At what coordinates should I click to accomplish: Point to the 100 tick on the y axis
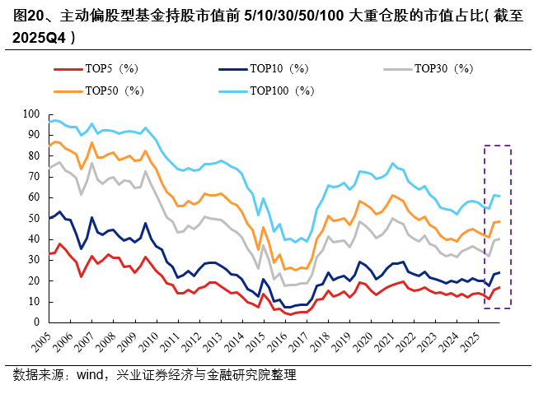[35, 114]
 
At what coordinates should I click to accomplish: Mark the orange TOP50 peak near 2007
[91, 142]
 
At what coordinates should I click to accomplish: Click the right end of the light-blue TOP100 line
[499, 196]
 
